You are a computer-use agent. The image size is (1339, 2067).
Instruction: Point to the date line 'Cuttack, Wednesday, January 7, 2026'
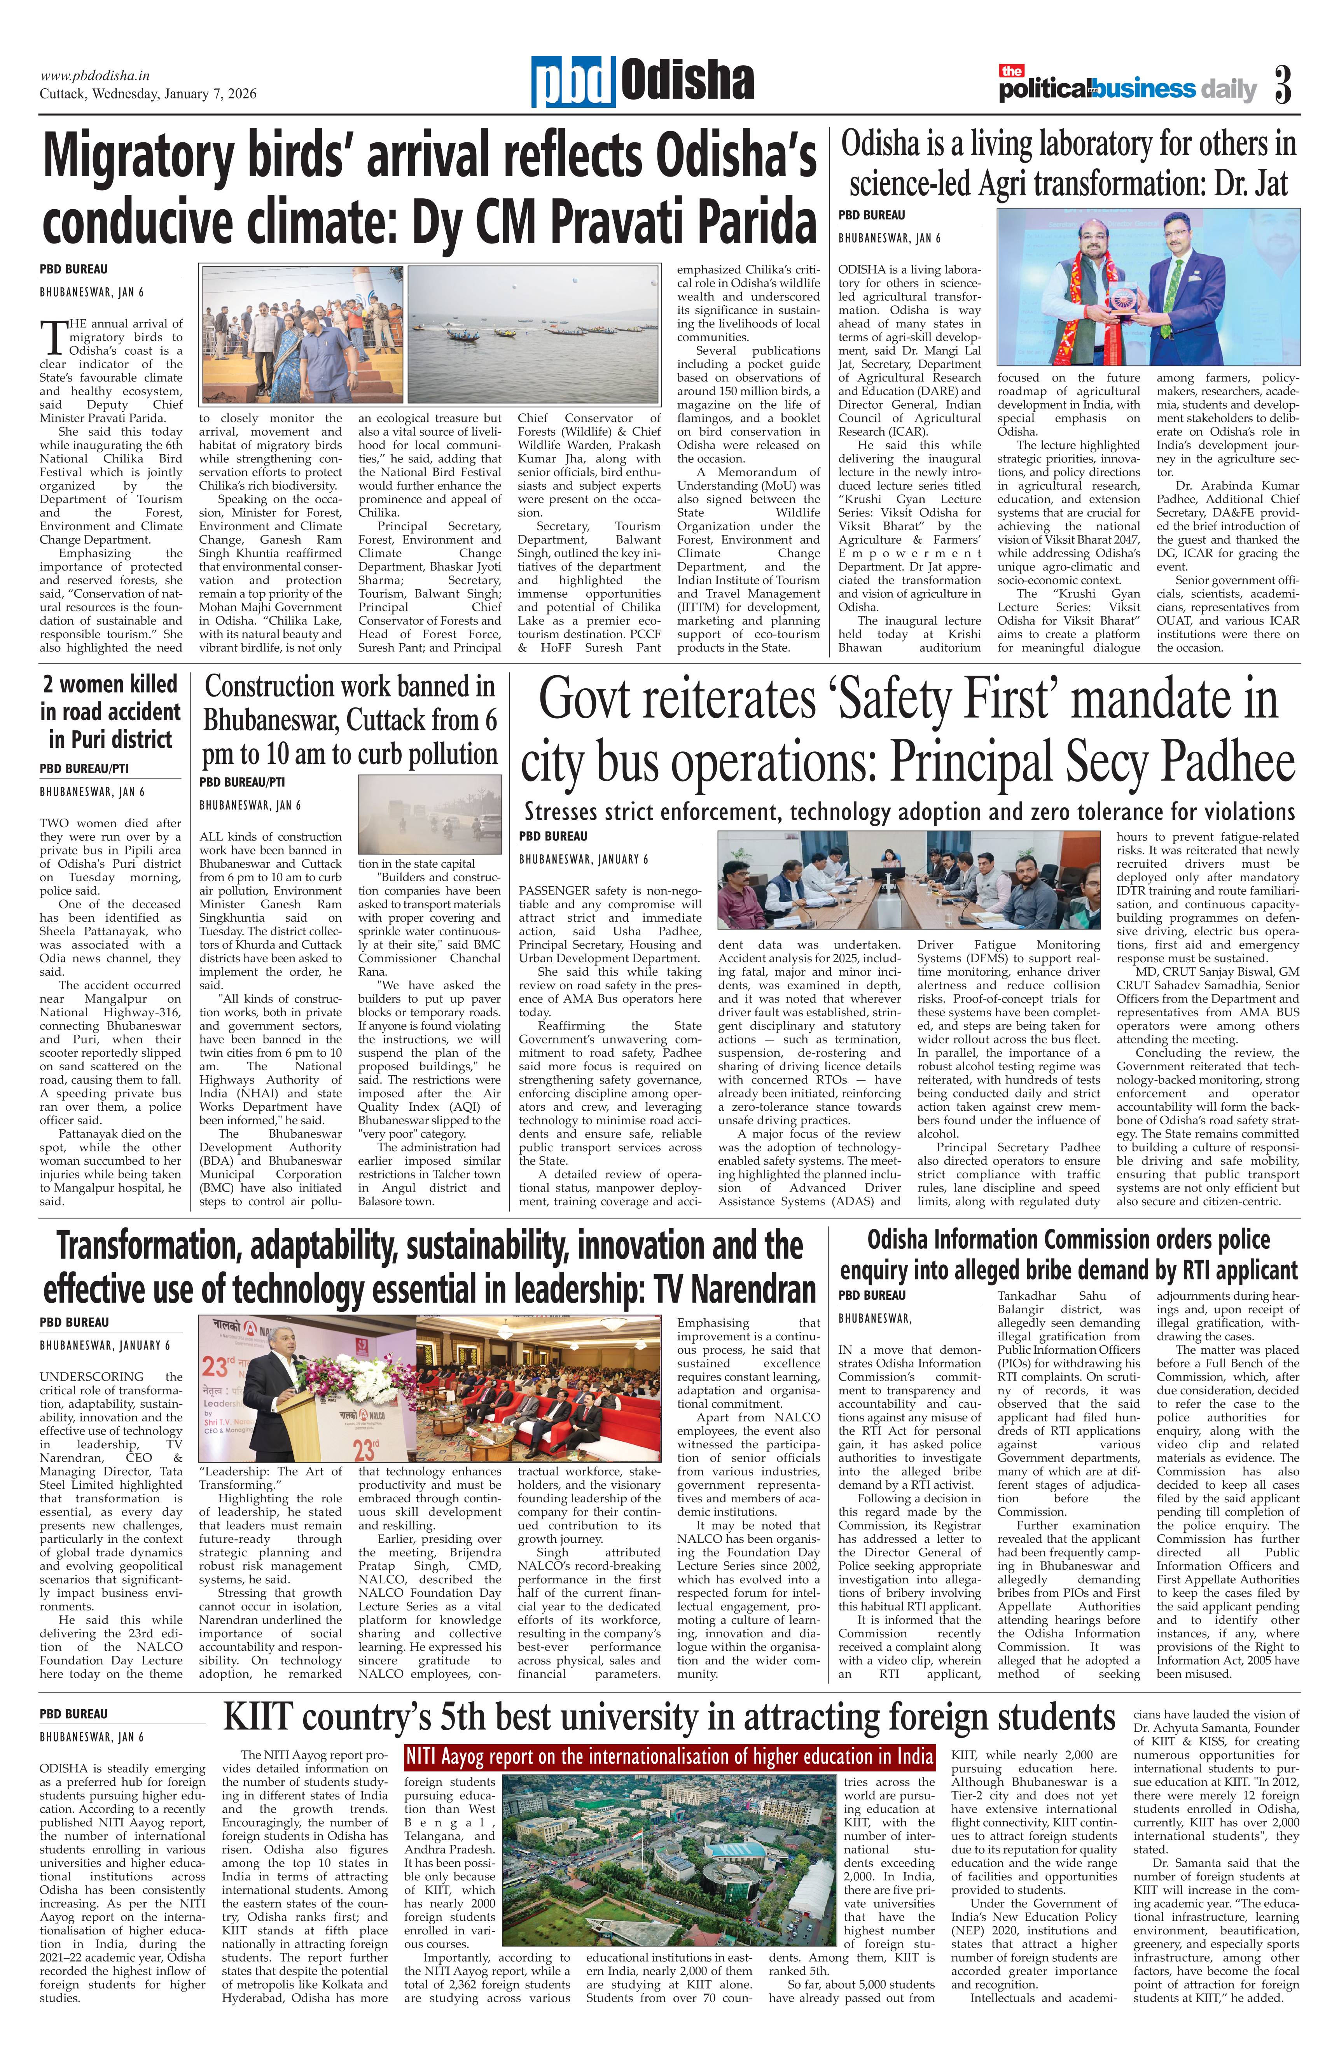[x=148, y=94]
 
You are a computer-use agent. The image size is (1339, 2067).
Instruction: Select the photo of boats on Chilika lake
[x=533, y=334]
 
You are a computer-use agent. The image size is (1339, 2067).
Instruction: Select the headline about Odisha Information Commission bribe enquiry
[x=1068, y=1254]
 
